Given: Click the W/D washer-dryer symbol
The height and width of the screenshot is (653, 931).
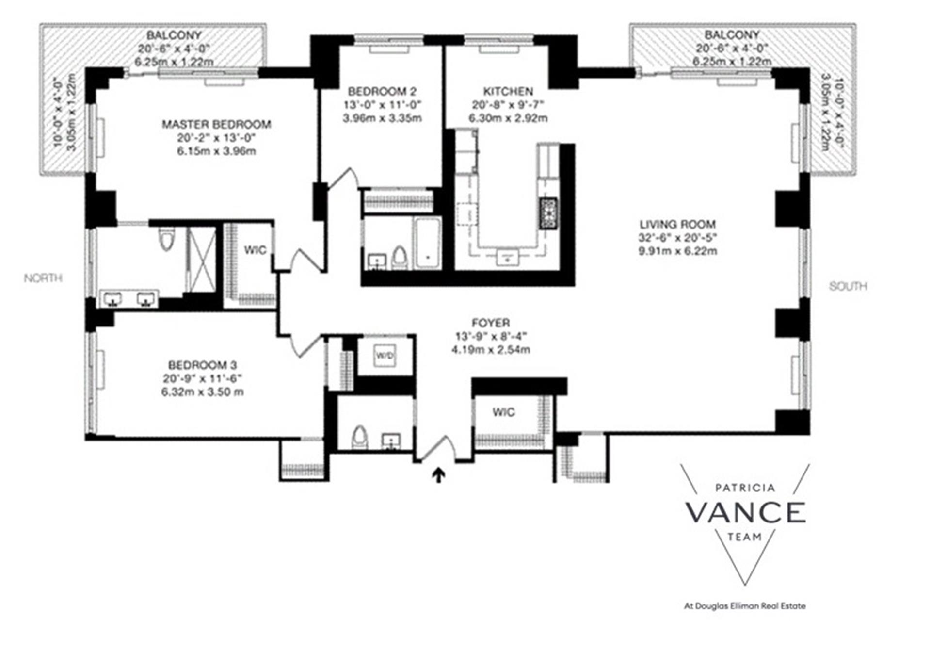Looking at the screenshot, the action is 385,356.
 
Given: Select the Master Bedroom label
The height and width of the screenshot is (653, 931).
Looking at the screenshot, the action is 216,124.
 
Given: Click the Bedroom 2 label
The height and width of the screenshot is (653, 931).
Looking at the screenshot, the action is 382,91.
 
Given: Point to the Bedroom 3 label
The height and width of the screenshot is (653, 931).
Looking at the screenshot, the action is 202,365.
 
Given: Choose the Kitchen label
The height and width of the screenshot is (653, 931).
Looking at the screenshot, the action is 508,91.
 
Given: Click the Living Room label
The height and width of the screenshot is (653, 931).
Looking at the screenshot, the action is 677,224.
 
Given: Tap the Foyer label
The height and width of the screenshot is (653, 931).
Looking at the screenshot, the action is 491,323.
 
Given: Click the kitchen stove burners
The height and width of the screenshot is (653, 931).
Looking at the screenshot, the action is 548,213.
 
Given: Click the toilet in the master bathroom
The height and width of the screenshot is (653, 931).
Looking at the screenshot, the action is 166,239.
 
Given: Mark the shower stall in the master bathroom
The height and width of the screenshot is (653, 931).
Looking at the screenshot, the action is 202,260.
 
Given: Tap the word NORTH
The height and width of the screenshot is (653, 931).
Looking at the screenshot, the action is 43,278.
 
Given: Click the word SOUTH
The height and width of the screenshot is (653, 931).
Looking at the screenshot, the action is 848,286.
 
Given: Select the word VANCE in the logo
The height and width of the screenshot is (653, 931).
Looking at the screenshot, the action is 745,513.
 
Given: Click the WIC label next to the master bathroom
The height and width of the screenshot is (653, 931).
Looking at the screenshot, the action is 255,250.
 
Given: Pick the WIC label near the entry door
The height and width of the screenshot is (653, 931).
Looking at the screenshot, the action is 503,412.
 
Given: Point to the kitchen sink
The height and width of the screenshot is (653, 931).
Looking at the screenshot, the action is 508,256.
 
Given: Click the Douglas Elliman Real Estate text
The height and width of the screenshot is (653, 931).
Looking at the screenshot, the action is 744,606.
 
